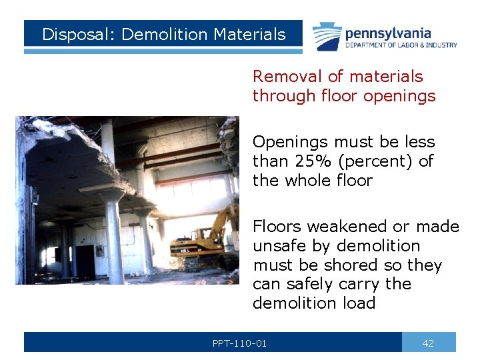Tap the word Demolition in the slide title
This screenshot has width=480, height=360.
159,35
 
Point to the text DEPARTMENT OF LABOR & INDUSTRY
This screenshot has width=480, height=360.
401,45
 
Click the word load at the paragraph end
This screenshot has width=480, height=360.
359,303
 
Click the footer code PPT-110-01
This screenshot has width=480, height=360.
239,343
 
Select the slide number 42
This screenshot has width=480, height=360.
428,343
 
